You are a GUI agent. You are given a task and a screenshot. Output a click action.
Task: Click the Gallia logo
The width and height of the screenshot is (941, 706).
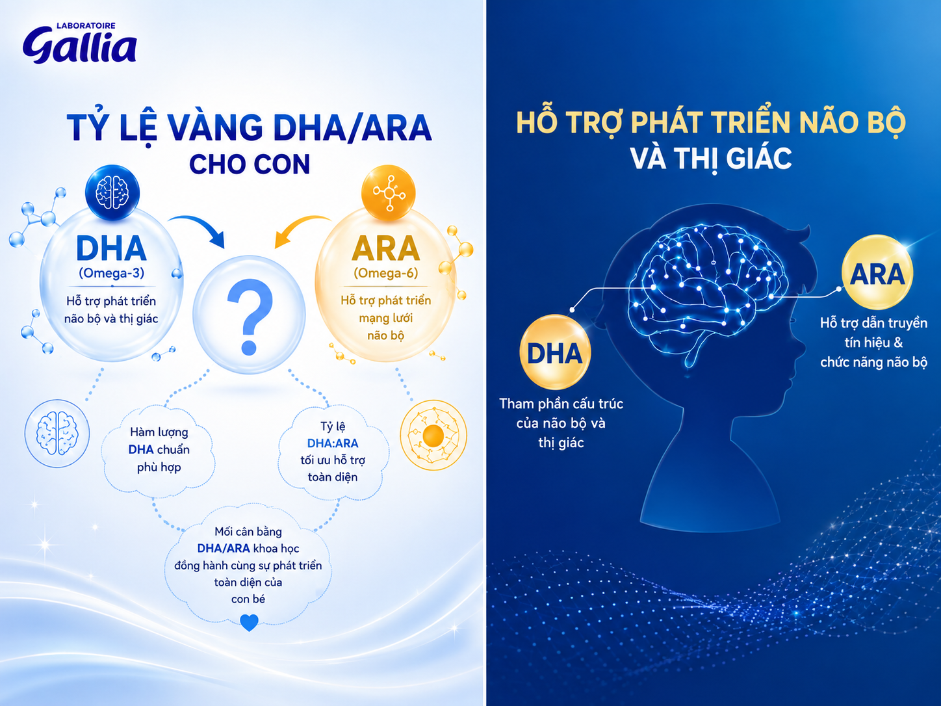(x=80, y=43)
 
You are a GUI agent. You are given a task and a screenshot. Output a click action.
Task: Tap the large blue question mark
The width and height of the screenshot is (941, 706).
(x=250, y=317)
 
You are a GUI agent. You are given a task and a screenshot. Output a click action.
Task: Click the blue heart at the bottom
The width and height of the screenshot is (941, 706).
(x=249, y=622)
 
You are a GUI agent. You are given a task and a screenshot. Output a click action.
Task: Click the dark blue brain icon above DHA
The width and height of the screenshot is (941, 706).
(x=112, y=192)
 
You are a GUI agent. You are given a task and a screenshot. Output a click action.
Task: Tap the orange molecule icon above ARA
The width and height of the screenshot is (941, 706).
(x=389, y=194)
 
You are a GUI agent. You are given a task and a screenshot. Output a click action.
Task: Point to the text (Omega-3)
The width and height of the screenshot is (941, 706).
(x=112, y=273)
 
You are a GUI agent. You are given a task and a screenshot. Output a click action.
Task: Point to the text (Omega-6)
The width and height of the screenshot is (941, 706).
(x=386, y=273)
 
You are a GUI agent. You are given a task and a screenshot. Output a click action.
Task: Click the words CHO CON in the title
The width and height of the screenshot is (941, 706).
(x=250, y=164)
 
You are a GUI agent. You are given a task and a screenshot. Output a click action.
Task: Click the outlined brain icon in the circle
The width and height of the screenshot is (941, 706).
(x=57, y=434)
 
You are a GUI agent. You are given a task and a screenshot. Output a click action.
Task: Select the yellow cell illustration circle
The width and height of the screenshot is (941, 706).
(x=433, y=435)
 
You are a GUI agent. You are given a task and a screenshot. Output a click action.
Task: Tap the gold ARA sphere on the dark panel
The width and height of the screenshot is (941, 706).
(x=877, y=272)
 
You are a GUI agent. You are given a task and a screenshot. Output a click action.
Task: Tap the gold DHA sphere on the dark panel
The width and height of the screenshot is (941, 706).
(x=555, y=352)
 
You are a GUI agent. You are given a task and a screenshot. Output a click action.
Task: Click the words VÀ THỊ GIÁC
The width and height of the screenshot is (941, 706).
(x=711, y=159)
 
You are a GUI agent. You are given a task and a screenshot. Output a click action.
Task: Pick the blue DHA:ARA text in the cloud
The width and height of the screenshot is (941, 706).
(x=333, y=443)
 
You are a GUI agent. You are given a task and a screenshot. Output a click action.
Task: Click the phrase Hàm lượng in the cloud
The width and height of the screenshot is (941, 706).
(x=159, y=432)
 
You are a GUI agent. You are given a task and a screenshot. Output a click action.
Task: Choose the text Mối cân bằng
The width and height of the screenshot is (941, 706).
(x=248, y=532)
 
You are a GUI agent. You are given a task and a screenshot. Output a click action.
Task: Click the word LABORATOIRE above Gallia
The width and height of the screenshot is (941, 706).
(x=86, y=26)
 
